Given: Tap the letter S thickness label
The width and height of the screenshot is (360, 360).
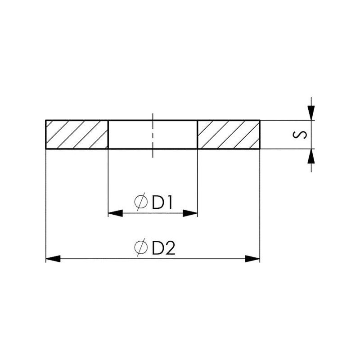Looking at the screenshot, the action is [x=300, y=135].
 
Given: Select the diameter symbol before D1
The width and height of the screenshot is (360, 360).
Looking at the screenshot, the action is [x=141, y=202].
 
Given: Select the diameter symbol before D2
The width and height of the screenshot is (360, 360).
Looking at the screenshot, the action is [x=141, y=247].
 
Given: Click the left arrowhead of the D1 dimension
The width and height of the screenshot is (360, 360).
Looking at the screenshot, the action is [x=115, y=213].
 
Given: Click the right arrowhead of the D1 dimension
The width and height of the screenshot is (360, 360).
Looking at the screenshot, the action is [x=190, y=213].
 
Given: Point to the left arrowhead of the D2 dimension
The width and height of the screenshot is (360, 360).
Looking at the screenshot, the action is [x=53, y=259].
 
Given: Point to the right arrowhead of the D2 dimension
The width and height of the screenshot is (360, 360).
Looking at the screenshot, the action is [x=252, y=259].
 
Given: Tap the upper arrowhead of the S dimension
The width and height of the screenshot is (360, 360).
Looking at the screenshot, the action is [x=311, y=113].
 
